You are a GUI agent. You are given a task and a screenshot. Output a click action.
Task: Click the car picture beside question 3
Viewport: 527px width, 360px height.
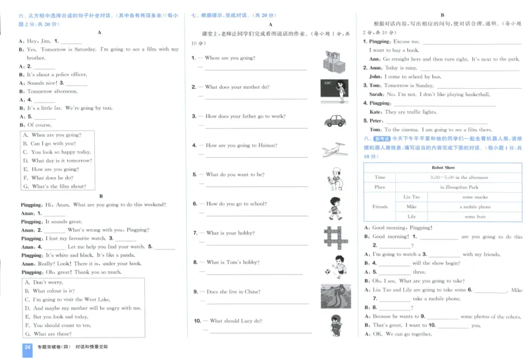pyautogui.click(x=335, y=120)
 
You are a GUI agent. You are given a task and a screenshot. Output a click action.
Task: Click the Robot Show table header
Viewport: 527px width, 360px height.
pyautogui.click(x=443, y=168)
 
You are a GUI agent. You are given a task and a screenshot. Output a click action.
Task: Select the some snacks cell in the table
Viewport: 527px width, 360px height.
pyautogui.click(x=474, y=197)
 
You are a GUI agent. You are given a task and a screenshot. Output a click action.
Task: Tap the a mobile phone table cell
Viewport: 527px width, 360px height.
pyautogui.click(x=474, y=207)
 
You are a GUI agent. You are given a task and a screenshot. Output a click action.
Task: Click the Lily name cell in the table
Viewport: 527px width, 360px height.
pyautogui.click(x=412, y=217)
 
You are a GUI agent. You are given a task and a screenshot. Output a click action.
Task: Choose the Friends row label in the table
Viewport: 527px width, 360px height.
pyautogui.click(x=379, y=207)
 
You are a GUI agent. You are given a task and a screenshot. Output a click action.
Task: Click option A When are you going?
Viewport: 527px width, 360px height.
pyautogui.click(x=52, y=135)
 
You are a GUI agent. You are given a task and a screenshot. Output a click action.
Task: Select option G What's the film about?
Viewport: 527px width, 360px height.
pyautogui.click(x=55, y=186)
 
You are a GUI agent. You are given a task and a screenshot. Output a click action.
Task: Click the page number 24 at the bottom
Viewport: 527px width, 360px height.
pyautogui.click(x=27, y=347)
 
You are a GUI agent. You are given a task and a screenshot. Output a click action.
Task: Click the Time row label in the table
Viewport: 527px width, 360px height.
pyautogui.click(x=379, y=177)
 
